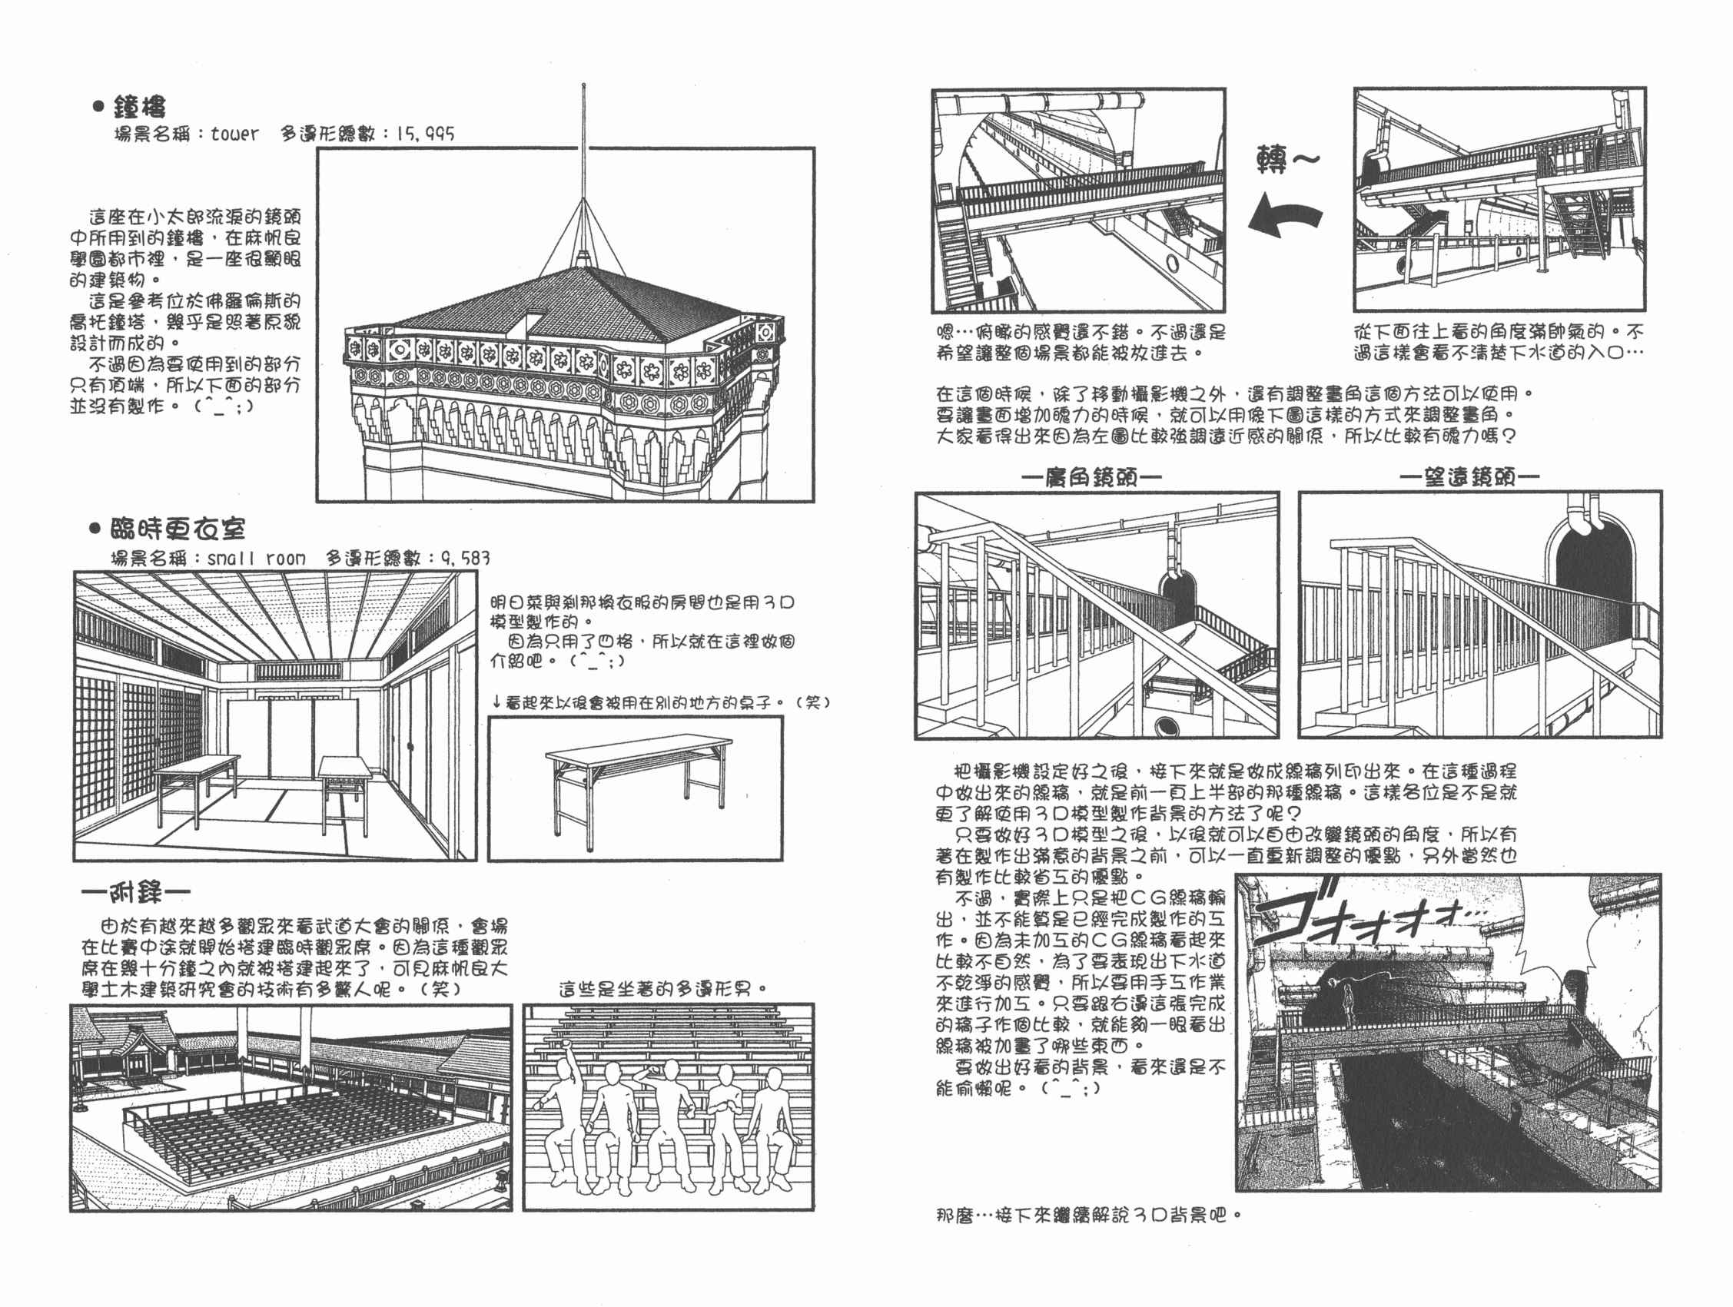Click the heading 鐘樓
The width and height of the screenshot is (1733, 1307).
pos(139,107)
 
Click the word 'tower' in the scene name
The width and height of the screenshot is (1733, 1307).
pos(234,134)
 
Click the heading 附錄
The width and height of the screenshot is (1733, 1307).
pos(135,893)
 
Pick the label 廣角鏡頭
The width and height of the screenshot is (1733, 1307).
pos(1091,477)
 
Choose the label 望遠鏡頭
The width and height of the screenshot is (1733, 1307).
pos(1469,476)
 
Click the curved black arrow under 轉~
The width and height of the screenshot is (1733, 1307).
pos(1284,216)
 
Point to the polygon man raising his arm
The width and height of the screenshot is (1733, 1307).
pos(558,1112)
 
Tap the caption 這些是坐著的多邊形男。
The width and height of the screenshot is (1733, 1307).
pos(662,989)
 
